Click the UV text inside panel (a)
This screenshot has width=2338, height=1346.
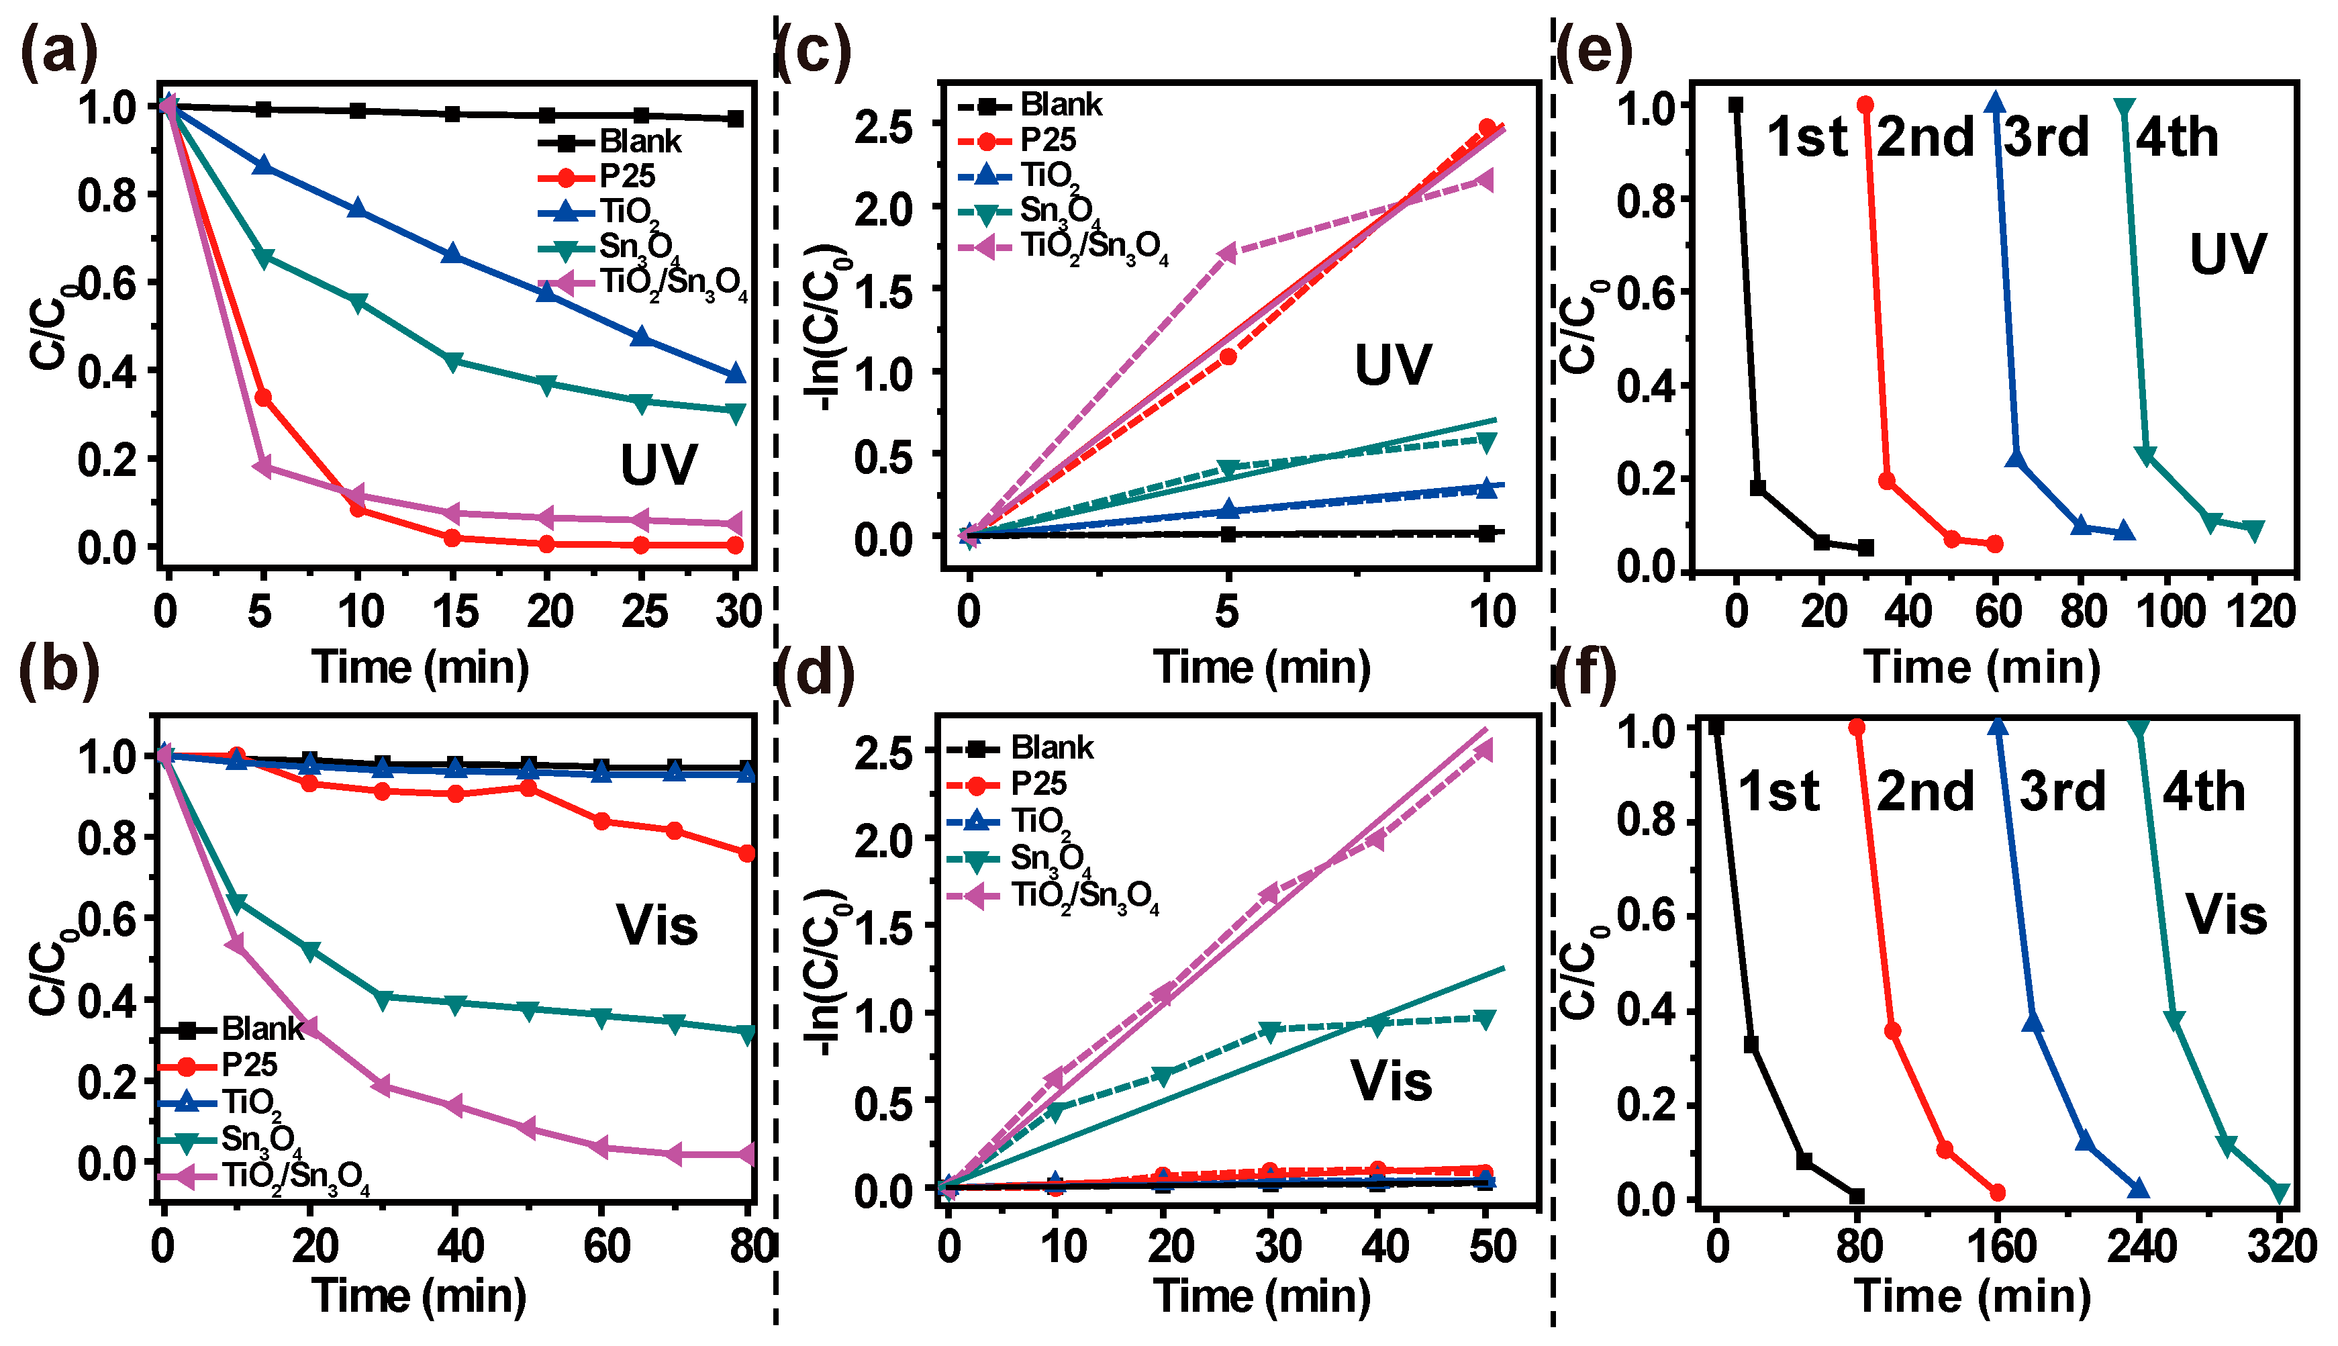pos(658,464)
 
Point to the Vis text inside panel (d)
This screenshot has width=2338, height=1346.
pos(1391,1079)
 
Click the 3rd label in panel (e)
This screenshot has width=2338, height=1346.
pos(2046,137)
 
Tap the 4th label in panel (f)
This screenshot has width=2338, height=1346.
pos(2203,791)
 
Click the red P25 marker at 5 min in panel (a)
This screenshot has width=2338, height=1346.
pos(262,397)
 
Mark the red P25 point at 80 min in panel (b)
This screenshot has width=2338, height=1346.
pos(746,853)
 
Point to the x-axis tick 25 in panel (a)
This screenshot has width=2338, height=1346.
pos(644,611)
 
